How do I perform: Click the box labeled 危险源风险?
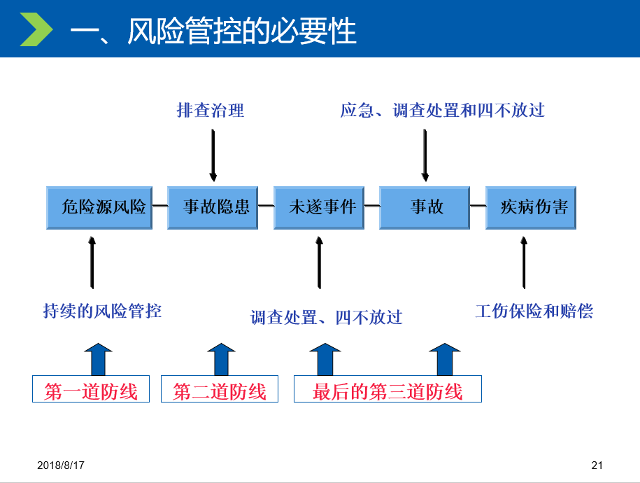click(x=99, y=208)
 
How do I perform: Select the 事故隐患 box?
click(x=213, y=208)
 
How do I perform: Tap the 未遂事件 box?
click(x=319, y=208)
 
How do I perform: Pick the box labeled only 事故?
click(x=425, y=208)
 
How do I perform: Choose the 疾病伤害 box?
click(x=531, y=208)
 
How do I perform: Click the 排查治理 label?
click(x=211, y=111)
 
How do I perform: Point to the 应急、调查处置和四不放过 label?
click(x=443, y=111)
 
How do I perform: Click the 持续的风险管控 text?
click(x=102, y=311)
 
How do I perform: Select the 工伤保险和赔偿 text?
click(x=534, y=311)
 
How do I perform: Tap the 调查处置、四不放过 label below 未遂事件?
click(x=326, y=318)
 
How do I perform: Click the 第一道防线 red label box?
click(x=91, y=389)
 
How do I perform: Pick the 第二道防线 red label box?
click(x=220, y=389)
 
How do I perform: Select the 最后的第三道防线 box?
click(x=387, y=389)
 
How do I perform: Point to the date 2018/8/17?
click(x=61, y=465)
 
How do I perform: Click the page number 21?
click(x=597, y=465)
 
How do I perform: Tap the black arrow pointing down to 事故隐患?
click(x=213, y=155)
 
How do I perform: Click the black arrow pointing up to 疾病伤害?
click(x=524, y=262)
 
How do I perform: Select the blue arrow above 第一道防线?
click(x=99, y=359)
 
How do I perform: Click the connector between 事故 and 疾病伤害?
click(x=478, y=206)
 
